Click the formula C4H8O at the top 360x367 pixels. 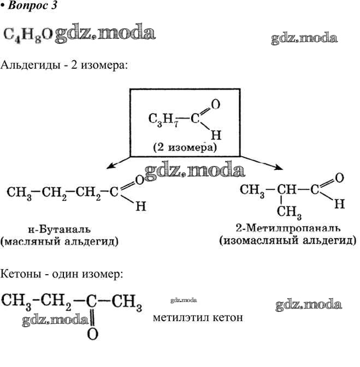coord(28,34)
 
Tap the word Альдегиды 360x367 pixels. coord(29,65)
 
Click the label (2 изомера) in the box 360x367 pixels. coord(185,148)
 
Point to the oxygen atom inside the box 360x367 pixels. coord(215,103)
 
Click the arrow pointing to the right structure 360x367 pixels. coord(262,163)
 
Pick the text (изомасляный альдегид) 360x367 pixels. coord(287,240)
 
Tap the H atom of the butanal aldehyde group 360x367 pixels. coord(140,207)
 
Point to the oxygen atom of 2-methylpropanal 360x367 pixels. coord(339,177)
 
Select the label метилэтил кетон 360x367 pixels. coord(198,317)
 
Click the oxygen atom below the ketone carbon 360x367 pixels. coord(92,334)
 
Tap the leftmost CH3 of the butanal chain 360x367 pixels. coord(19,193)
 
